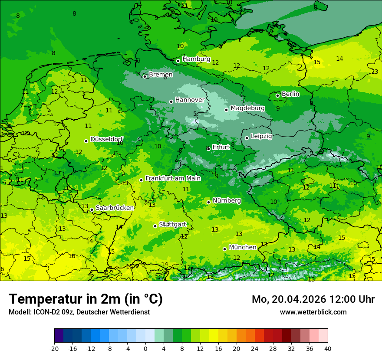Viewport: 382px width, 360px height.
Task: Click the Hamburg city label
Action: (196, 59)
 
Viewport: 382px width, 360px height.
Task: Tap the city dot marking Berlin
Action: (277, 95)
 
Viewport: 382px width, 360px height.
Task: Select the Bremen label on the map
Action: (161, 75)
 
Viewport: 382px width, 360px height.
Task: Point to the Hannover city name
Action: (190, 100)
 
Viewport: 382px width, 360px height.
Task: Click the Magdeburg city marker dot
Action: (226, 110)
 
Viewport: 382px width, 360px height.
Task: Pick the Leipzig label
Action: (261, 136)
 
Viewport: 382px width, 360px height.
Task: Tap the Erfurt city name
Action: (221, 147)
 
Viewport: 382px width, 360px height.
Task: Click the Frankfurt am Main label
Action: (173, 178)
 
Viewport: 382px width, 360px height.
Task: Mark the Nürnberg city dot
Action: (208, 202)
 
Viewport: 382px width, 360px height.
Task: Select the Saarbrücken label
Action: (115, 208)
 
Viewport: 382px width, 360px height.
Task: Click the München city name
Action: (242, 247)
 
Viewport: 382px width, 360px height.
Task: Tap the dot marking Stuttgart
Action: (155, 226)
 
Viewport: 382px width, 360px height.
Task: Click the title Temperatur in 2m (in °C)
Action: (86, 299)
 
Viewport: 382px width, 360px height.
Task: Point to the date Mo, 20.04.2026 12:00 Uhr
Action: (313, 299)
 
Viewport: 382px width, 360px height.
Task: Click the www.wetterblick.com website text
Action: (313, 312)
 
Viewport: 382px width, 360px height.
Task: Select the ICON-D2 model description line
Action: (79, 312)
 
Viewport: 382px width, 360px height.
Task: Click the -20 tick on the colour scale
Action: (54, 348)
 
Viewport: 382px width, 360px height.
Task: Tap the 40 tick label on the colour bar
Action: (327, 348)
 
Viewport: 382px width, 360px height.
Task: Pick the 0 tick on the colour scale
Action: (145, 348)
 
